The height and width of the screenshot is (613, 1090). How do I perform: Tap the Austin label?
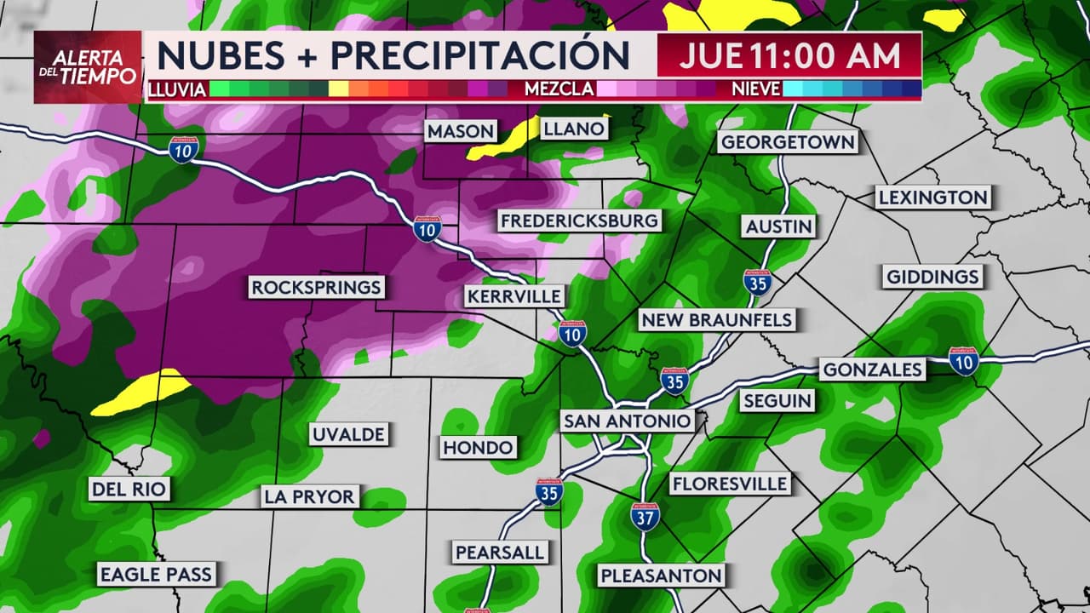tap(779, 226)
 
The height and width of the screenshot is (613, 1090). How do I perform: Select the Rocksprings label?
tap(316, 288)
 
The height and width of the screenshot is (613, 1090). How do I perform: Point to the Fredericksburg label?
tap(579, 221)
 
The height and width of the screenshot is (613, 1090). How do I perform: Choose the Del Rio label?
tap(129, 489)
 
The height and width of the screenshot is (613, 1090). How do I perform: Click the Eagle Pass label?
tap(156, 574)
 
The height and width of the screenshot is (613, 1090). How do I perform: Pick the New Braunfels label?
tap(717, 320)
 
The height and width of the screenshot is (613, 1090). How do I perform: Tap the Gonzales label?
tap(871, 370)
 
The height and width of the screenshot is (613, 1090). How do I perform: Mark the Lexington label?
tap(933, 198)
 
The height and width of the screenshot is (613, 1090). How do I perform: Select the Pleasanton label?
tap(662, 576)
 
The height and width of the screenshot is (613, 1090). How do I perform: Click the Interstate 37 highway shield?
tap(645, 516)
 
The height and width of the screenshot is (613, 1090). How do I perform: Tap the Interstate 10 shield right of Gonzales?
tap(964, 360)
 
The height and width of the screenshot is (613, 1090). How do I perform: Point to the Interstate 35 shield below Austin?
tap(757, 283)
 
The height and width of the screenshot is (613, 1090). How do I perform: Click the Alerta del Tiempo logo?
tap(88, 67)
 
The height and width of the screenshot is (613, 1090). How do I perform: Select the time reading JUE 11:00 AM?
tap(789, 55)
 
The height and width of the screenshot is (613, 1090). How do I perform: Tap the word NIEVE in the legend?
tap(756, 89)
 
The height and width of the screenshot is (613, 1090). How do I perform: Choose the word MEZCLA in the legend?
tap(559, 89)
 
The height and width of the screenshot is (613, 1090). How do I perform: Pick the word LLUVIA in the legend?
tap(177, 89)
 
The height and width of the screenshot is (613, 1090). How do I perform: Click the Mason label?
tap(461, 131)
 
